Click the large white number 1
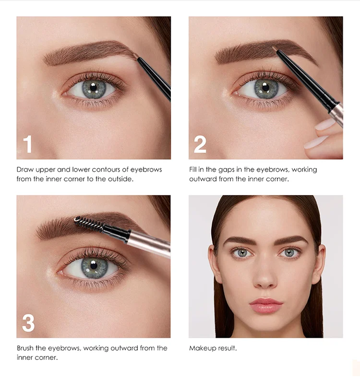(x=28, y=144)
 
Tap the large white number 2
(x=200, y=144)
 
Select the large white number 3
(x=28, y=323)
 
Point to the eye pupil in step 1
(x=93, y=87)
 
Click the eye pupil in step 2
(x=265, y=87)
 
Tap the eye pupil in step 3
(x=94, y=265)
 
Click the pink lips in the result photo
(x=266, y=305)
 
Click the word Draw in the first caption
(x=25, y=169)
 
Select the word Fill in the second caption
(x=193, y=169)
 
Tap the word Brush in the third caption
(x=25, y=348)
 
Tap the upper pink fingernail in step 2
(x=325, y=124)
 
